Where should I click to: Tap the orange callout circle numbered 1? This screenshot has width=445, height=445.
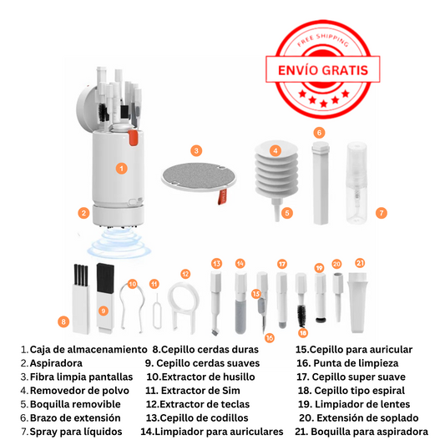pos(121,167)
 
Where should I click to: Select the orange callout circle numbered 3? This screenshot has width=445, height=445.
pos(195,151)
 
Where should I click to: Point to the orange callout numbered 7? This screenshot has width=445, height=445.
pos(382,212)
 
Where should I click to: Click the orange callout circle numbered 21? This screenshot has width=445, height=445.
pos(361,261)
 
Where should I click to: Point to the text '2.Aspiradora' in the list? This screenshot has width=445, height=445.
pos(48,363)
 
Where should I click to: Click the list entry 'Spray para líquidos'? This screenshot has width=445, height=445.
pos(75,432)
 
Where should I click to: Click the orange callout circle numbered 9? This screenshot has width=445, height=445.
pos(104,310)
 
